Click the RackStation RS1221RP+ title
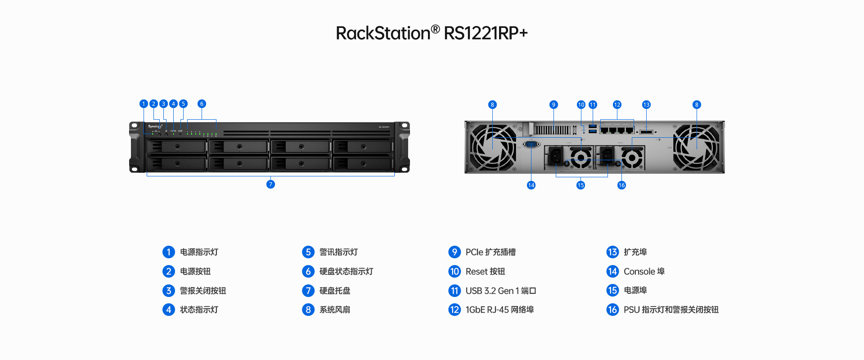pyautogui.click(x=432, y=33)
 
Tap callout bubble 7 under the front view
pyautogui.click(x=270, y=184)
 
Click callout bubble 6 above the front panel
pyautogui.click(x=202, y=104)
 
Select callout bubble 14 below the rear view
pyautogui.click(x=531, y=185)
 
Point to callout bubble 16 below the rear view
pyautogui.click(x=621, y=185)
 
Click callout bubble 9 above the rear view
pyautogui.click(x=553, y=105)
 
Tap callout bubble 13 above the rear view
pyautogui.click(x=646, y=105)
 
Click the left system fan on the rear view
pyautogui.click(x=493, y=147)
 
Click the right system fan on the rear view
pyautogui.click(x=696, y=147)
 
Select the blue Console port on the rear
pyautogui.click(x=531, y=144)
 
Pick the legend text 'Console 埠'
pyautogui.click(x=644, y=271)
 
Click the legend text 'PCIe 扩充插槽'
pyautogui.click(x=490, y=252)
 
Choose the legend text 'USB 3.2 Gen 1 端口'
pyautogui.click(x=500, y=291)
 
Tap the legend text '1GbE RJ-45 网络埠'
pyautogui.click(x=499, y=310)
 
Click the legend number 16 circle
pyautogui.click(x=612, y=310)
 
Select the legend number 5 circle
pyautogui.click(x=308, y=252)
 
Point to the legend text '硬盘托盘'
pyautogui.click(x=335, y=291)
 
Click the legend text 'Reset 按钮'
pyautogui.click(x=485, y=271)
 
